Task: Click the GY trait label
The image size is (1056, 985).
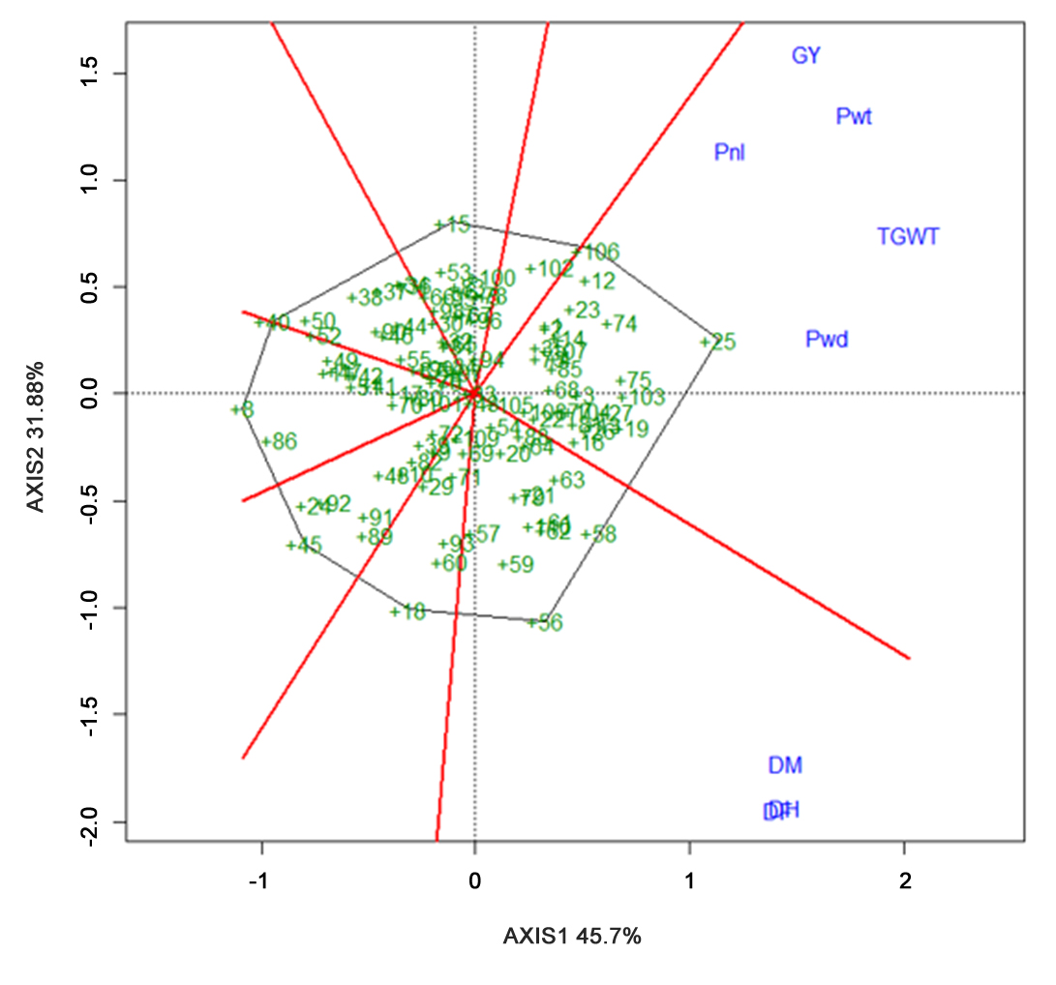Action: (805, 55)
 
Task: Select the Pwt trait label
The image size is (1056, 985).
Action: (854, 117)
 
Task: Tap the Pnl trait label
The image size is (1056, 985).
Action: (729, 152)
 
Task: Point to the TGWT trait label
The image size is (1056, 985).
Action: (907, 236)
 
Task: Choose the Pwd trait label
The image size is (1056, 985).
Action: (827, 340)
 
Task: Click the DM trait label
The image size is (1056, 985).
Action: (785, 765)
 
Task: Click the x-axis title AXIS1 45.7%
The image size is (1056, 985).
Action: (572, 937)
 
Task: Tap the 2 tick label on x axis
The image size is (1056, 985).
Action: (904, 881)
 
